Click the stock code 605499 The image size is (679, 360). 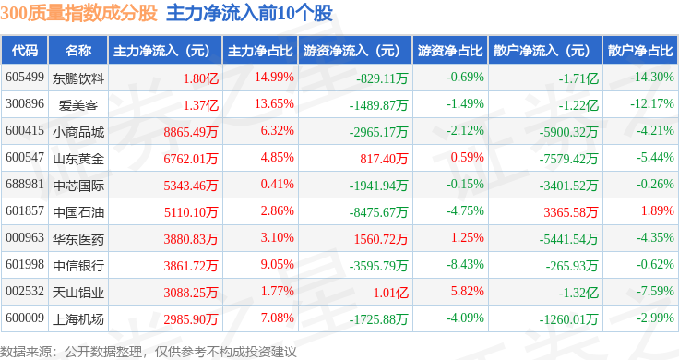click(x=25, y=78)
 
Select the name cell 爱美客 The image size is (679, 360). click(x=77, y=105)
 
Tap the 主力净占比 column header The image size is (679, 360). click(x=260, y=51)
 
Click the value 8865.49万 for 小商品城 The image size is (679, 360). click(x=191, y=132)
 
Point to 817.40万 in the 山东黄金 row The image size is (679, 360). click(x=384, y=159)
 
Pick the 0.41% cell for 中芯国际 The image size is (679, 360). click(x=277, y=184)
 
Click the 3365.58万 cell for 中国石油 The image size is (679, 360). click(x=571, y=211)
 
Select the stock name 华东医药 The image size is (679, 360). click(x=78, y=239)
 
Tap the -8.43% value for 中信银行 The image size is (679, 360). click(x=465, y=264)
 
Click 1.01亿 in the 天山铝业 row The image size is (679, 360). click(x=391, y=293)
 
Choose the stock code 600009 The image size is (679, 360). click(x=25, y=318)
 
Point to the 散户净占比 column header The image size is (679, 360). click(x=640, y=51)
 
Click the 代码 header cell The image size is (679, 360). click(x=25, y=51)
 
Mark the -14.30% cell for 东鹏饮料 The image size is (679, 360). click(x=651, y=78)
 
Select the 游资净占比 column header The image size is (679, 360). click(x=450, y=51)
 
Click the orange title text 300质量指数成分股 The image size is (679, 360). click(x=78, y=13)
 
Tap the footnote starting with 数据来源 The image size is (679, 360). click(x=149, y=352)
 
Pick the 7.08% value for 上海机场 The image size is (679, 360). click(x=277, y=318)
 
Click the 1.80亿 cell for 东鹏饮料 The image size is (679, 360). click(x=201, y=78)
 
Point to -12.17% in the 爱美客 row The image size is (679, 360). click(x=651, y=104)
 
